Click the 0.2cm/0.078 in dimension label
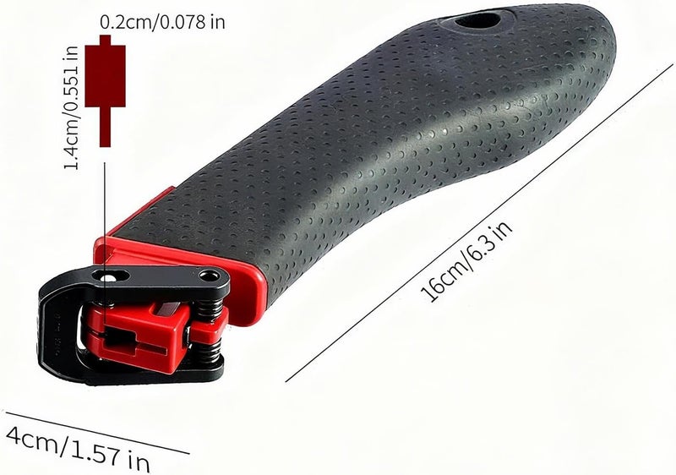pos(162,22)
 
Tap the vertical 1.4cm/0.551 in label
pos(71,107)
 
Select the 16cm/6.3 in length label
pos(466,261)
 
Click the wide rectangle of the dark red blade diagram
pos(105,76)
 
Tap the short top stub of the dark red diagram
pos(105,40)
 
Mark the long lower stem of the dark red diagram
pos(105,127)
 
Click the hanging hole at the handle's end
pos(477,19)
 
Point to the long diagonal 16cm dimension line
pos(479,223)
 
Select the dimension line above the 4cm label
pos(97,433)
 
